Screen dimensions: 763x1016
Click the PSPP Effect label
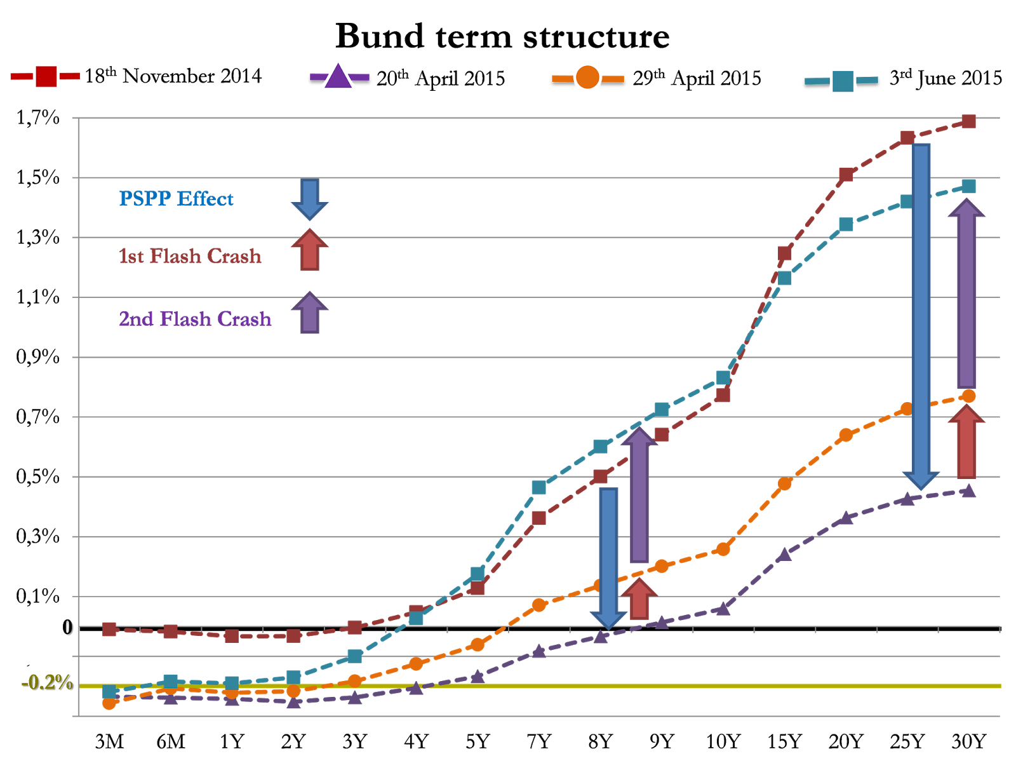point(176,199)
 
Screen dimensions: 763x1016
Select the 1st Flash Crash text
point(190,256)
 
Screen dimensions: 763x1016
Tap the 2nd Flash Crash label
point(195,318)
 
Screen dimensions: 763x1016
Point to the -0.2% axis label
point(47,682)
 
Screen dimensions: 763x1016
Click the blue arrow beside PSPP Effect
point(309,199)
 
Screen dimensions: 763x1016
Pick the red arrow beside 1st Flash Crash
point(309,250)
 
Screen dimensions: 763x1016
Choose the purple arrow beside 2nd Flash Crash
point(309,313)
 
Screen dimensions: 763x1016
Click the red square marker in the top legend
point(46,76)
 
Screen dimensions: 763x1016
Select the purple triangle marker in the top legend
point(338,76)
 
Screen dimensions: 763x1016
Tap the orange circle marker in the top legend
point(587,78)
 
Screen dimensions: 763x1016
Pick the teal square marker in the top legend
point(843,81)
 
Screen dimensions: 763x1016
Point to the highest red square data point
point(968,121)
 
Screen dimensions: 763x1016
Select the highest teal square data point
point(968,186)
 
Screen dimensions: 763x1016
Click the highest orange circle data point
point(968,396)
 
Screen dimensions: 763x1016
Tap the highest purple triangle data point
point(968,490)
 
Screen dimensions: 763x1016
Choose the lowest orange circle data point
point(109,703)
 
